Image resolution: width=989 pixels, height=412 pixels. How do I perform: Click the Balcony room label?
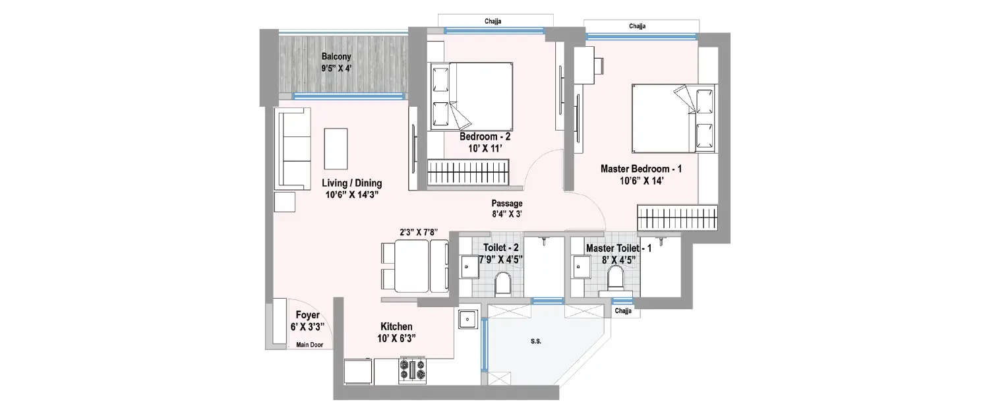(x=336, y=57)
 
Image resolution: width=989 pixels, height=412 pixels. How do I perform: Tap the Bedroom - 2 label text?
(x=485, y=137)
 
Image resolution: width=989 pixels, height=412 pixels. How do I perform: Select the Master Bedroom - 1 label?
(x=641, y=169)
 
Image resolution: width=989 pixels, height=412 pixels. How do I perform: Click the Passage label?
(x=506, y=204)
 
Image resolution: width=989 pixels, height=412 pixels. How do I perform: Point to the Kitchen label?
(x=396, y=327)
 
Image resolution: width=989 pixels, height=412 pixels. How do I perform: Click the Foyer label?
(x=307, y=315)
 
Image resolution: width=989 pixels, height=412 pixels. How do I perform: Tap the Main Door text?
(x=309, y=344)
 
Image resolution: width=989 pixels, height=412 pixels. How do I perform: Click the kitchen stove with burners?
(x=413, y=370)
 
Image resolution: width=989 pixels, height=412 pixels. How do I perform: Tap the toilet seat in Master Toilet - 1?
(x=616, y=278)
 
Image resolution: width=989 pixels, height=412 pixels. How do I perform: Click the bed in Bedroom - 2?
(x=472, y=96)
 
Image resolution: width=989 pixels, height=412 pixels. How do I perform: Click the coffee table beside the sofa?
(x=336, y=148)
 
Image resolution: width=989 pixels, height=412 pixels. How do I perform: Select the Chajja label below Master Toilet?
(x=622, y=310)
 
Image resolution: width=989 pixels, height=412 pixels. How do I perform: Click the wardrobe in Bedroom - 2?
(x=468, y=173)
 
